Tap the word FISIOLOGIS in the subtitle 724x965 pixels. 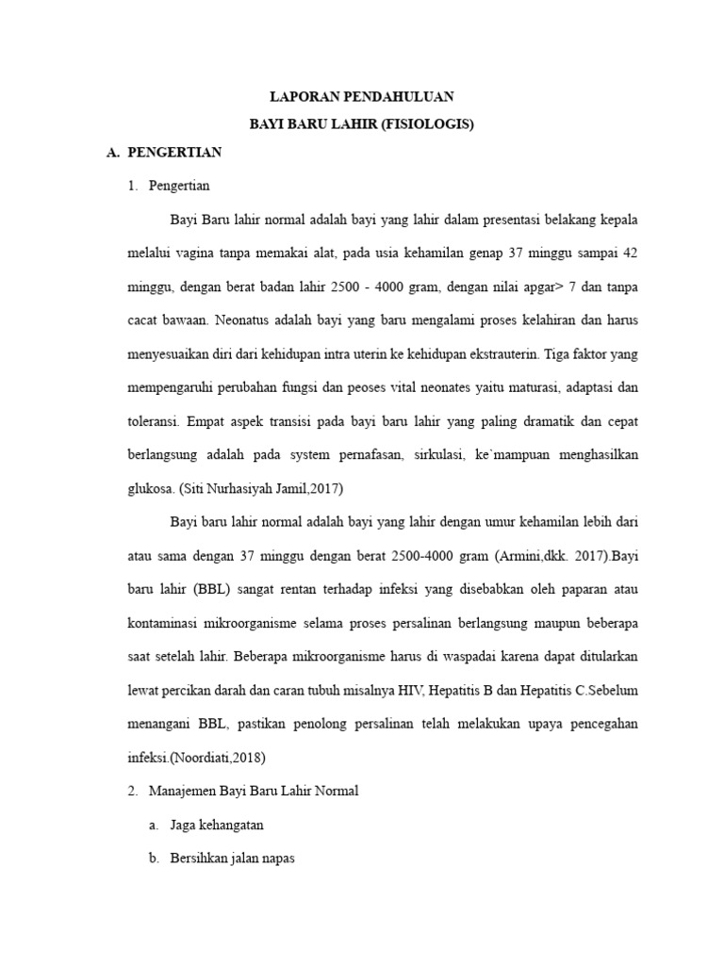[430, 123]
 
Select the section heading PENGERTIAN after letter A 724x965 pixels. [174, 151]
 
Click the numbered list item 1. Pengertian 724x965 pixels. [178, 186]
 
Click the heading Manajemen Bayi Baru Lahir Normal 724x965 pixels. [254, 792]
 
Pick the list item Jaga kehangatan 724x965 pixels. [217, 825]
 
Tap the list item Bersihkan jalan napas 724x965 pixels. [233, 859]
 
